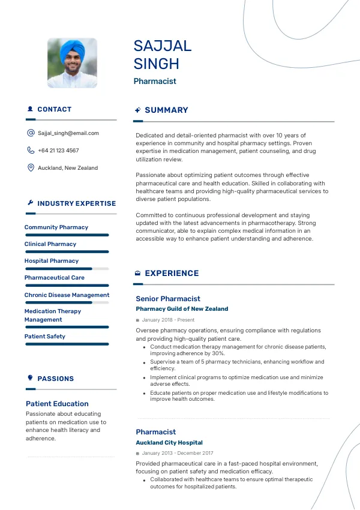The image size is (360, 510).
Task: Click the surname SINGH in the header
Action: click(x=157, y=64)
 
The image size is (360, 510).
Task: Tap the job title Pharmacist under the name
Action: click(x=155, y=81)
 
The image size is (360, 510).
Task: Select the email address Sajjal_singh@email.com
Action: click(x=68, y=133)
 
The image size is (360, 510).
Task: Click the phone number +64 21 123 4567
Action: click(x=58, y=151)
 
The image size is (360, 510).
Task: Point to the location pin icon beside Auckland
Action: click(x=31, y=168)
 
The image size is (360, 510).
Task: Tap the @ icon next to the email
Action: click(x=31, y=133)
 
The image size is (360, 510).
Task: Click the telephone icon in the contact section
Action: click(x=31, y=151)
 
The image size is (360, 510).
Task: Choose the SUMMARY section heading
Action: click(x=166, y=110)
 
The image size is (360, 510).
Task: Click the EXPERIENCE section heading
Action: click(x=172, y=273)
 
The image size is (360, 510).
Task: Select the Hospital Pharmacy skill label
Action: click(x=52, y=261)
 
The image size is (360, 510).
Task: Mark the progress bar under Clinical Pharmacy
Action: click(x=67, y=251)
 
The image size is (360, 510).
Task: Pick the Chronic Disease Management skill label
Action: click(x=67, y=295)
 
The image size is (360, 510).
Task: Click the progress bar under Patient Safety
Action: click(x=67, y=344)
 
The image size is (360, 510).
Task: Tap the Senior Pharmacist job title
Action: click(x=168, y=299)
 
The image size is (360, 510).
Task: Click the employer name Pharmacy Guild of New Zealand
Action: click(x=182, y=309)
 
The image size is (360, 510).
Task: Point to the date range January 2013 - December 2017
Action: click(x=178, y=453)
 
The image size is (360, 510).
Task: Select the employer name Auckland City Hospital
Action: click(x=169, y=443)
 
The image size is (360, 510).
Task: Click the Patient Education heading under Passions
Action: click(x=57, y=404)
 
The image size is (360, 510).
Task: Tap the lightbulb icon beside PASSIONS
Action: click(x=30, y=378)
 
